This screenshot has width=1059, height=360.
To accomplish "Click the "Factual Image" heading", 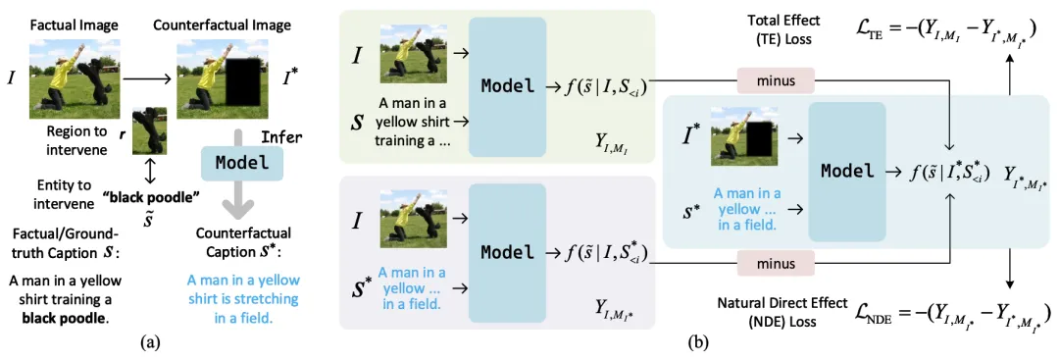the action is click(x=75, y=26).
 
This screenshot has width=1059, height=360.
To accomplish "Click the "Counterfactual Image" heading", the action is click(x=223, y=26).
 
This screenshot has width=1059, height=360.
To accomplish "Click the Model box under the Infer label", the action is click(x=240, y=164).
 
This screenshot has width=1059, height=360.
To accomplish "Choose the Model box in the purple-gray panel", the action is click(x=507, y=253).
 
